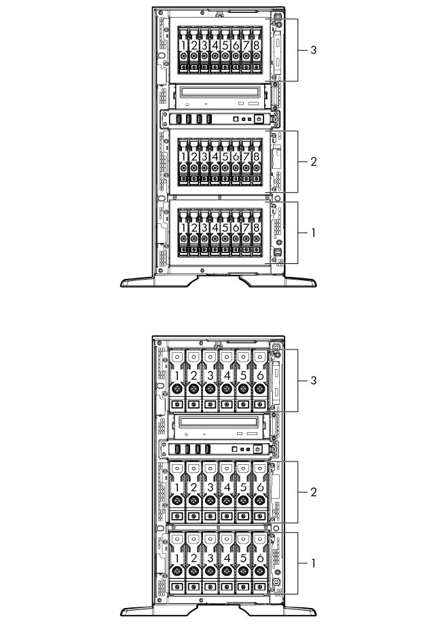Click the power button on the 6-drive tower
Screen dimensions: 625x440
258,449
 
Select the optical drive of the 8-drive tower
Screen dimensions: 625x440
217,96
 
